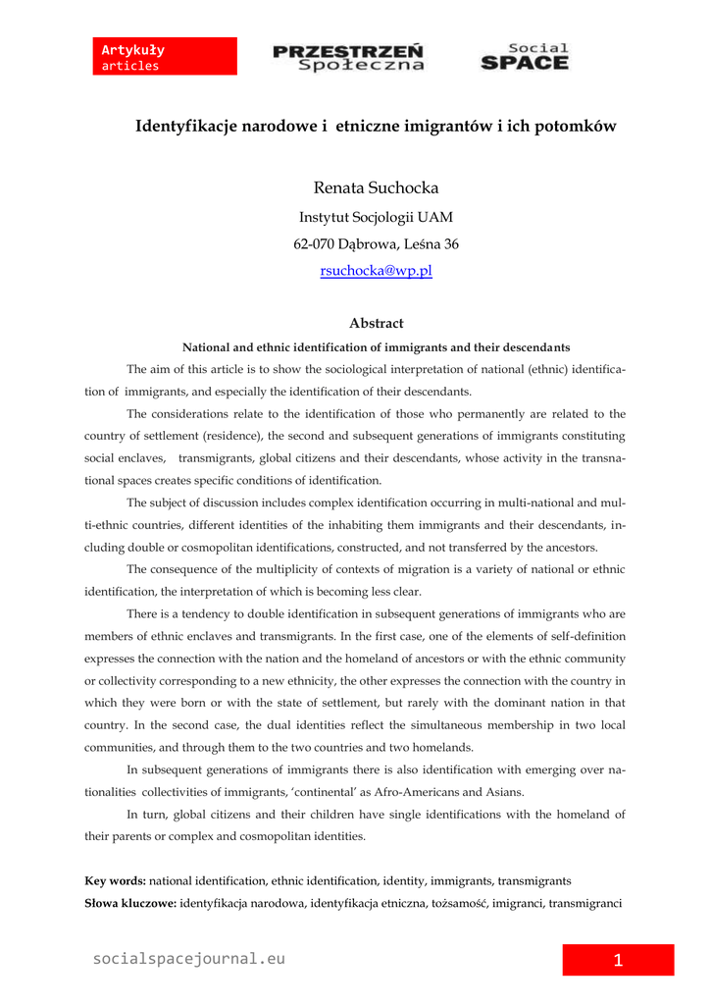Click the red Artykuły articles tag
tap(167, 57)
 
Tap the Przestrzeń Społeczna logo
tap(348, 57)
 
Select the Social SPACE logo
tap(524, 57)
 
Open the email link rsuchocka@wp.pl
tap(376, 271)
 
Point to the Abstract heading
tap(376, 323)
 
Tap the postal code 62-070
tap(317, 244)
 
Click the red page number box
tap(618, 960)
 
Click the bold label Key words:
tap(116, 881)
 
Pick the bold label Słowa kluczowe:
tap(130, 902)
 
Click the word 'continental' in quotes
tap(324, 792)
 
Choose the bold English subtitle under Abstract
tap(377, 347)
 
